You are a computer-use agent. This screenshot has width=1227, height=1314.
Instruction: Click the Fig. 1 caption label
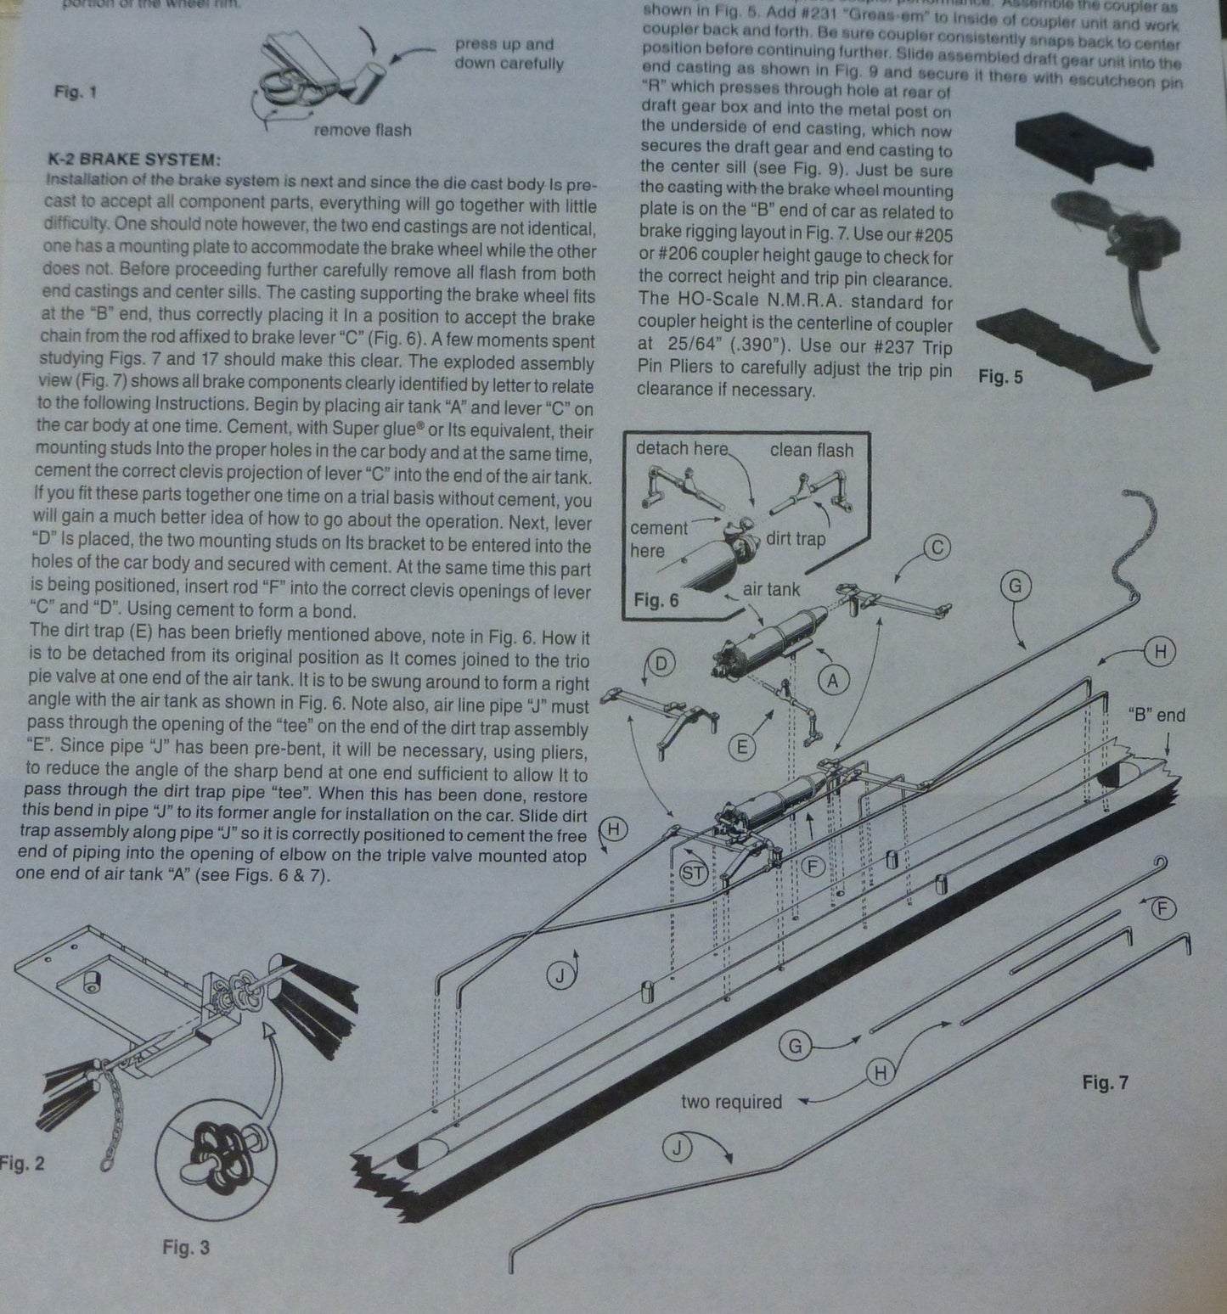tap(75, 92)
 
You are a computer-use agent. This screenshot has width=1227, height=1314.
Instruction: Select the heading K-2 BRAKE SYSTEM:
tap(135, 160)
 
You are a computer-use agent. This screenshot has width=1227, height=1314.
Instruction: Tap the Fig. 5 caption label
tap(1000, 377)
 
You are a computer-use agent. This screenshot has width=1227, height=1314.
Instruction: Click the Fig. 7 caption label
tap(1105, 1083)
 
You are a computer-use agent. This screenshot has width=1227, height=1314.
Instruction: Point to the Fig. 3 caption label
tap(185, 1247)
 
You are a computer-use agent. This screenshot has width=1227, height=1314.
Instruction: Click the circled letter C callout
tap(937, 547)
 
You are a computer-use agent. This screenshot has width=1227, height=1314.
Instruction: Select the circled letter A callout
tap(833, 679)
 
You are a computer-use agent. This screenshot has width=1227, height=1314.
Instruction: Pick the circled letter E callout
tap(742, 746)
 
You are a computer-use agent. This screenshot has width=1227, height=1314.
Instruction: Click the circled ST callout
tap(694, 873)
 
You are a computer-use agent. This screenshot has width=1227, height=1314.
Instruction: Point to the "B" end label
tap(1156, 715)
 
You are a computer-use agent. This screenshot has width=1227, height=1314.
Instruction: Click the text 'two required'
tap(730, 1102)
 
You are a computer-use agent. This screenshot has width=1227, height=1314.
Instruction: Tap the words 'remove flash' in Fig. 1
tap(362, 130)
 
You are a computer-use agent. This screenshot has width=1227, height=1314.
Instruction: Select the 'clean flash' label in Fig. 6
tap(811, 450)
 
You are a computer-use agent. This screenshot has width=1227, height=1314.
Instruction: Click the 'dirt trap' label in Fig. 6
tap(795, 538)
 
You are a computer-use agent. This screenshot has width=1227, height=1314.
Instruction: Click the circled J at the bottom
tap(677, 1148)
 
